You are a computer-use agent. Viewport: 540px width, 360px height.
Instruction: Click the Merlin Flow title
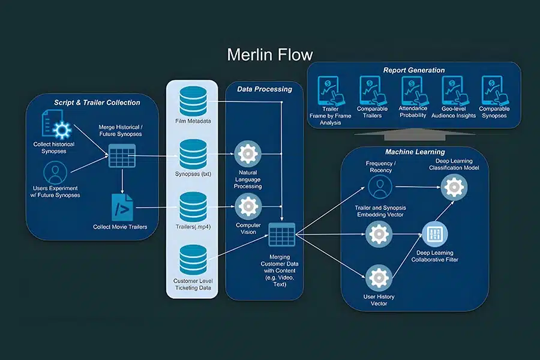270,55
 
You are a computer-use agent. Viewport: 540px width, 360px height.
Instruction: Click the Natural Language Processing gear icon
247,154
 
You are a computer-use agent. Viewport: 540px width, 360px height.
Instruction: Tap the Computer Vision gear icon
247,206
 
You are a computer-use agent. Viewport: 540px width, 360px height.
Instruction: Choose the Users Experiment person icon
56,173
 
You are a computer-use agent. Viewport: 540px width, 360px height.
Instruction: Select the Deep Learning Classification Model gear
454,187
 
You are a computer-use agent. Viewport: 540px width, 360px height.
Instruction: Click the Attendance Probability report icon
413,90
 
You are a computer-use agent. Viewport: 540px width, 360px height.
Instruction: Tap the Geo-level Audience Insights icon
454,90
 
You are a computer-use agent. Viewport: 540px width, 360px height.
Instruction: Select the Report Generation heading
414,70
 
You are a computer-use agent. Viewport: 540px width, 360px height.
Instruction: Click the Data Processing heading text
264,89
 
